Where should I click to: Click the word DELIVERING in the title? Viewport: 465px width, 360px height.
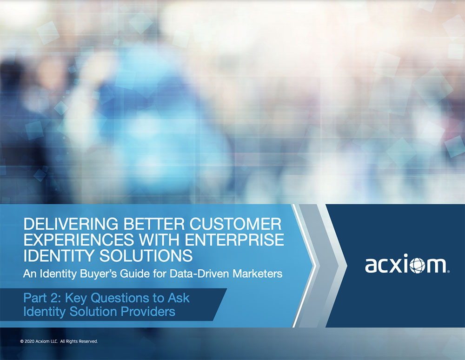pos(71,224)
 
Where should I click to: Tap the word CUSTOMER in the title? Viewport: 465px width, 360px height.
pos(235,224)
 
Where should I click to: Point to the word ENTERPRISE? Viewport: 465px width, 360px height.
pos(234,240)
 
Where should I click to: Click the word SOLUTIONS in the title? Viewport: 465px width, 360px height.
pos(146,256)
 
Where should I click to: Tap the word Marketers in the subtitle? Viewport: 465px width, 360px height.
pos(257,273)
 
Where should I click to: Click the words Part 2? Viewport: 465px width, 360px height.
pos(42,298)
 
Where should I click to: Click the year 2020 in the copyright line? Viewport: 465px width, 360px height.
pos(29,341)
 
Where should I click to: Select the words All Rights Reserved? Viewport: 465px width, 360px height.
pos(79,341)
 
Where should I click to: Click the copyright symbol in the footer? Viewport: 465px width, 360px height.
pos(22,341)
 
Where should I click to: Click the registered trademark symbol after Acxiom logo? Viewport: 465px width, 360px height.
pos(448,271)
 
